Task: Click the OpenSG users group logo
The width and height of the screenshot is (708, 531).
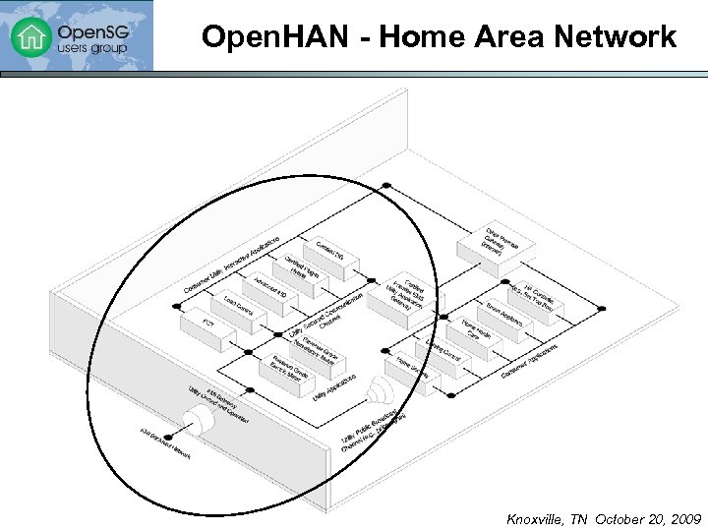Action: click(x=77, y=36)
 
